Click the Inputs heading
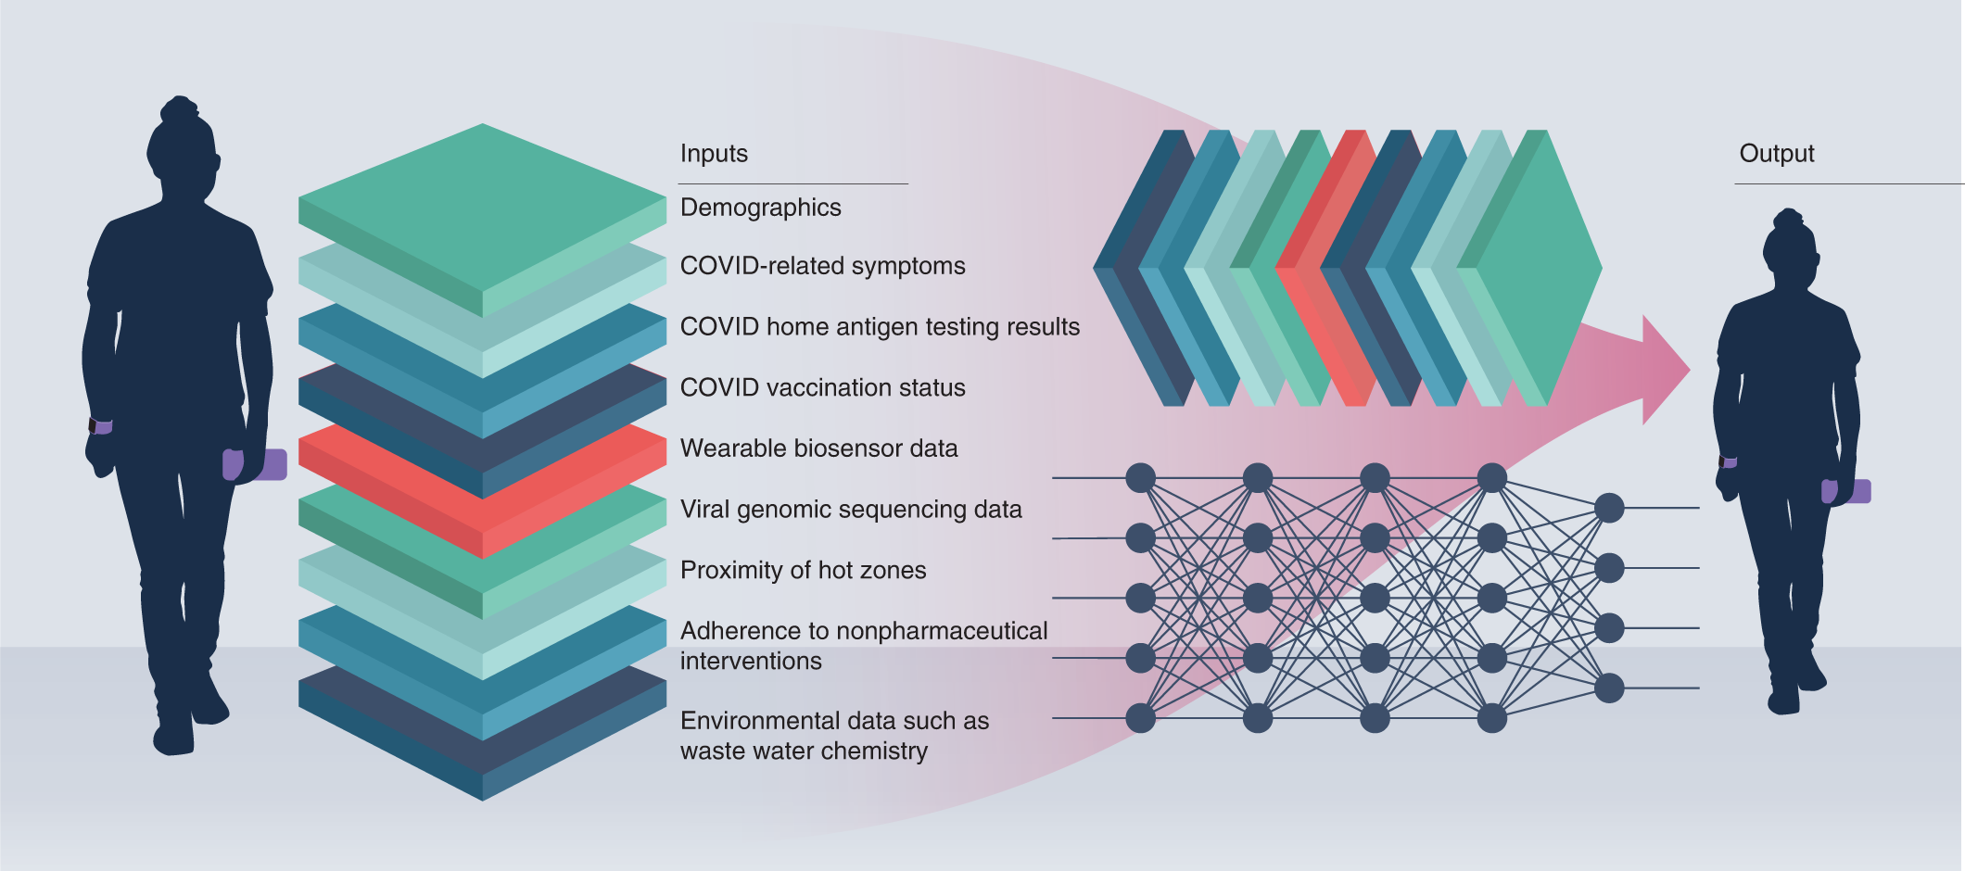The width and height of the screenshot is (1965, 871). (714, 154)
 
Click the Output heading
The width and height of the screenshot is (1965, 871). (1776, 154)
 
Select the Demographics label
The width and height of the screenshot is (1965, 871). (760, 208)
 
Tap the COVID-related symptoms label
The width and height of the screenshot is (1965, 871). (822, 267)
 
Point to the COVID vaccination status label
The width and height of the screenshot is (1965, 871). (822, 388)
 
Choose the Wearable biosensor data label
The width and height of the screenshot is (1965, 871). (818, 448)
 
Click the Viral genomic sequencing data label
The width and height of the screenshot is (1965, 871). (850, 510)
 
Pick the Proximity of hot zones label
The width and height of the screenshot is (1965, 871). (803, 571)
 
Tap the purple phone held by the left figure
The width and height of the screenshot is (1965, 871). (270, 464)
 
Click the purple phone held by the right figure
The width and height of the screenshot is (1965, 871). (1857, 491)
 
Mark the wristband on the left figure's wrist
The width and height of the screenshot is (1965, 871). (100, 426)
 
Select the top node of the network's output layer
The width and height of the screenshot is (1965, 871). (1609, 508)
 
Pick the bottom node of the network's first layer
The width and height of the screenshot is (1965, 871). (1140, 718)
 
